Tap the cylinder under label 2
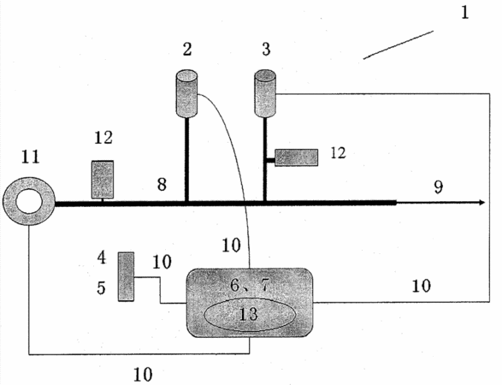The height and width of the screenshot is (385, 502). tap(186, 93)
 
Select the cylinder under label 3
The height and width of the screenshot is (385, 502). tap(265, 93)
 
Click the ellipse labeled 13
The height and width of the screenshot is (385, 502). tap(249, 316)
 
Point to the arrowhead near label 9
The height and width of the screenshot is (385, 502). tap(481, 203)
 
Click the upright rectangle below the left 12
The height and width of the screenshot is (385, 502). tap(103, 180)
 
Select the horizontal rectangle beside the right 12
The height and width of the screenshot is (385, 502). tap(297, 157)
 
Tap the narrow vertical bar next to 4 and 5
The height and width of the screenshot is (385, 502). tap(126, 276)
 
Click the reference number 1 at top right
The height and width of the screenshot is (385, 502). tap(465, 13)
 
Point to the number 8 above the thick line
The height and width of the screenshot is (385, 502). tap(162, 185)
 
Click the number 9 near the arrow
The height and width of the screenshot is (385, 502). tap(439, 187)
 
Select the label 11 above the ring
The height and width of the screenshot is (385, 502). tap(31, 157)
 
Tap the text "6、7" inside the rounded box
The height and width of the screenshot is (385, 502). tap(250, 284)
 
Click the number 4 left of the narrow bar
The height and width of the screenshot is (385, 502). tap(102, 258)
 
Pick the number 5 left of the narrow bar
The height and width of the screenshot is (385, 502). tap(101, 287)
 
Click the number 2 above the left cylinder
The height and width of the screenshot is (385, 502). tap(187, 50)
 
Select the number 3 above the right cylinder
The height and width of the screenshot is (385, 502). tap(266, 50)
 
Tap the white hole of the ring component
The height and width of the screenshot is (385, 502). tap(29, 201)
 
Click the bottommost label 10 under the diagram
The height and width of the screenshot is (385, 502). tap(143, 374)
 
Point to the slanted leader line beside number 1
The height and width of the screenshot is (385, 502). tap(399, 44)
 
